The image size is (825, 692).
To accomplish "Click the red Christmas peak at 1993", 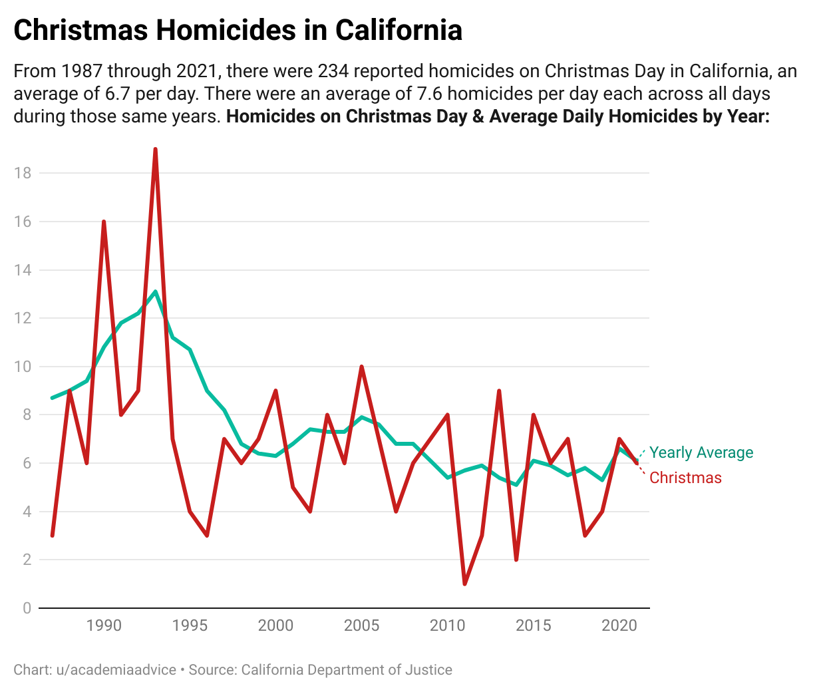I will [x=155, y=150].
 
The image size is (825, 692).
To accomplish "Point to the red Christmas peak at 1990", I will [x=104, y=222].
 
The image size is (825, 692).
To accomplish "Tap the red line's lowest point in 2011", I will [x=464, y=584].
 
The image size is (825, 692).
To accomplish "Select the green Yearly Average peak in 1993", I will [x=155, y=292].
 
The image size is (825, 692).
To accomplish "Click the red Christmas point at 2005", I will [x=361, y=367].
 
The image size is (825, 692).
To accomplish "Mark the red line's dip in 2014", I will [x=516, y=559].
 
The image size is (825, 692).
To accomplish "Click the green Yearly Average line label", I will [x=701, y=452].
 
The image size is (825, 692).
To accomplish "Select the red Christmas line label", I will [x=685, y=478].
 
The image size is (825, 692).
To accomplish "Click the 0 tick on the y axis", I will [x=27, y=608].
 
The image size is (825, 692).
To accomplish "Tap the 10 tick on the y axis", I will [x=23, y=367].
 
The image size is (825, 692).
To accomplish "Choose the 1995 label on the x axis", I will [x=190, y=625].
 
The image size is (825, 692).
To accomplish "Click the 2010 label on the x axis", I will [x=447, y=625].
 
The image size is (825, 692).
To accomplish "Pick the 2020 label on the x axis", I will [x=619, y=625].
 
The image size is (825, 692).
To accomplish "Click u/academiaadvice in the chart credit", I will [x=116, y=669].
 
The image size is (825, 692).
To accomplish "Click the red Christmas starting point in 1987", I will [x=53, y=535].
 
